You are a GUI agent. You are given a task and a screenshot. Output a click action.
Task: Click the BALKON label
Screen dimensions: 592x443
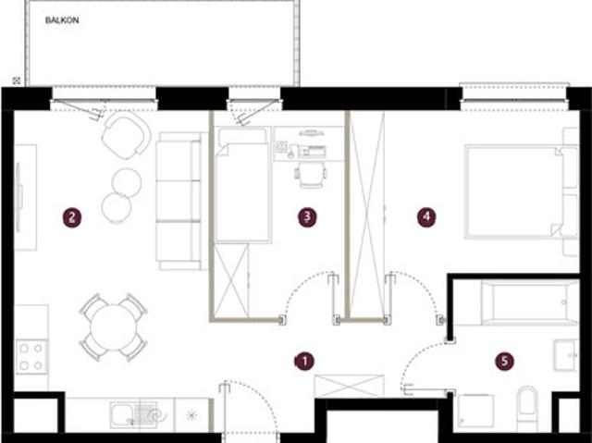click(62, 20)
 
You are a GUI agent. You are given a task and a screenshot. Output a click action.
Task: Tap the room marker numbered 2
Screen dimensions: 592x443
click(72, 217)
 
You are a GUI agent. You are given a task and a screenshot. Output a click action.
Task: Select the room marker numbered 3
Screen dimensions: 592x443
click(307, 217)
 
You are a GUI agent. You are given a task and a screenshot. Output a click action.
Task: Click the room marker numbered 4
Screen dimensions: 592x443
click(426, 217)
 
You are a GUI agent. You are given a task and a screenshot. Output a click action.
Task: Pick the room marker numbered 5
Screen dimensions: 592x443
click(505, 362)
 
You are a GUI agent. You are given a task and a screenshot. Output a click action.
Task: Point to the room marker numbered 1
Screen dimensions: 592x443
click(304, 362)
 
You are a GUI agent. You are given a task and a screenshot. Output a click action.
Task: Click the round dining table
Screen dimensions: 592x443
click(113, 327)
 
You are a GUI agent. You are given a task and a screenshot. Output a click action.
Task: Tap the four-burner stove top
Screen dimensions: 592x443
click(31, 356)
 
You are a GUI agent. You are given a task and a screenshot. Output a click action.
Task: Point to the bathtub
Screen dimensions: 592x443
click(529, 302)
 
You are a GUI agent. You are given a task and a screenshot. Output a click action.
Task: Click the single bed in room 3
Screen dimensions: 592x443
click(243, 185)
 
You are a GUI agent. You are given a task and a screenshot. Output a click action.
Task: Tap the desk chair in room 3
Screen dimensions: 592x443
click(311, 175)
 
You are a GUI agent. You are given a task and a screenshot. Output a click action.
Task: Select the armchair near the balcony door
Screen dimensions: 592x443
click(126, 135)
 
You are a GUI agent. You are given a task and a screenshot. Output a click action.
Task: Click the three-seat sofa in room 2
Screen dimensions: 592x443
click(179, 201)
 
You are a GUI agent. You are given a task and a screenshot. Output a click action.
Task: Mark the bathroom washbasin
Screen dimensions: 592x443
click(565, 355)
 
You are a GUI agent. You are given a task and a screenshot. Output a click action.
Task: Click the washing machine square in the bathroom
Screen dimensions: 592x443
click(475, 411)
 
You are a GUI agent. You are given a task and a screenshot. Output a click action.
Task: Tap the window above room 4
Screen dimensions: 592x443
click(514, 92)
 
